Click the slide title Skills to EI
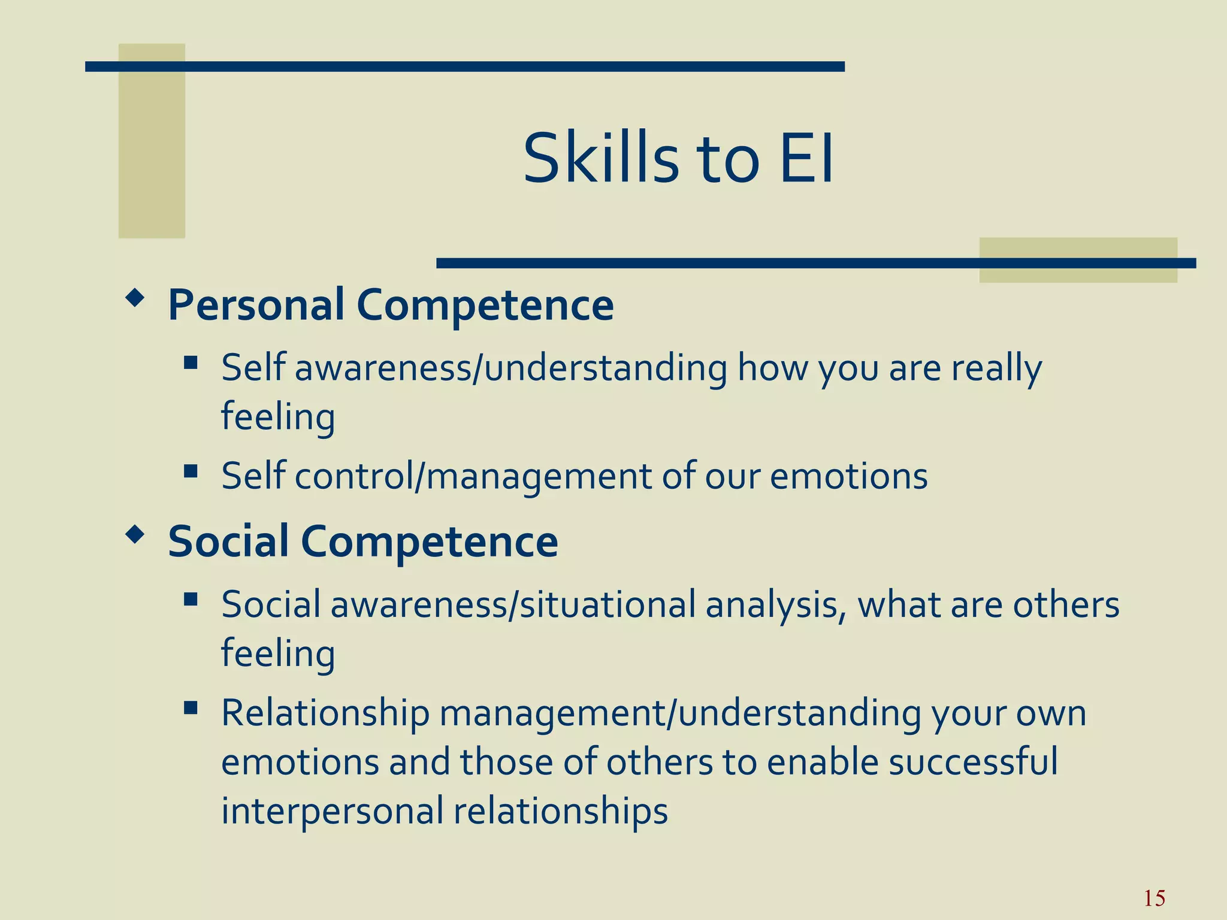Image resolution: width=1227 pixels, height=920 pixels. tap(678, 159)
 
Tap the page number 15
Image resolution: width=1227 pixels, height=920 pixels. tap(1154, 898)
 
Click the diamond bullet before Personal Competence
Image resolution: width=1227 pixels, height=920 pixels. tap(135, 298)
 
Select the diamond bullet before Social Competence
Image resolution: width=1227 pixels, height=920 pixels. tap(135, 534)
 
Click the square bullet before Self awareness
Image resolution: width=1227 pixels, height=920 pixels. tap(191, 362)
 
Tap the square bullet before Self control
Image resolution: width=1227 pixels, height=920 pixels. tap(191, 471)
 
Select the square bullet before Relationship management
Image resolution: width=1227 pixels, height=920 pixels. tap(191, 708)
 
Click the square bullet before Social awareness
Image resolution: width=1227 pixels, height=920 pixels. tap(191, 599)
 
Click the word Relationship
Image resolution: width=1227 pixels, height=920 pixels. tap(325, 713)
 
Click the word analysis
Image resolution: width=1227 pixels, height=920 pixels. tap(775, 605)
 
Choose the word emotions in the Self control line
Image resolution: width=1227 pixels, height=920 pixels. tap(848, 477)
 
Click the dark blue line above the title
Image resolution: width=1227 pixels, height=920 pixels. tap(464, 66)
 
